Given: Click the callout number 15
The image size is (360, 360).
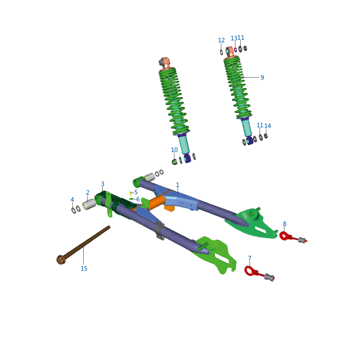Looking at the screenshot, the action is [84, 268].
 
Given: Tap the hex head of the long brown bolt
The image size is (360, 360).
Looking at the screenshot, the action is [61, 260].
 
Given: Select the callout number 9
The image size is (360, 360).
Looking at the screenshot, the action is [262, 78].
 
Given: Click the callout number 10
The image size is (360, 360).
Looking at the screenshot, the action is [174, 150].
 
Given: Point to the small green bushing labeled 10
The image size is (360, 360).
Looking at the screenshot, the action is [175, 162].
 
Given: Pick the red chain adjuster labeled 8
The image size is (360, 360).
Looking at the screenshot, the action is [293, 238].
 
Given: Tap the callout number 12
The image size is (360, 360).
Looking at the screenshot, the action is [221, 40].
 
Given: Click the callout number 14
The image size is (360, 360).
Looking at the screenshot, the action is [267, 126].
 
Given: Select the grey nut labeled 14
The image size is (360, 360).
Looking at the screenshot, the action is [266, 136].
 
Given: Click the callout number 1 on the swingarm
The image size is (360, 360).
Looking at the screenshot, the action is [177, 185].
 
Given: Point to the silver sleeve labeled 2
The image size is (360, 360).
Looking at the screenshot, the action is [89, 204].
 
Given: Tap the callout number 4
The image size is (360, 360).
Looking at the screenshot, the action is [72, 200].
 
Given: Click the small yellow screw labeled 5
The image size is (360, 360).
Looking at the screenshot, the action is [131, 194].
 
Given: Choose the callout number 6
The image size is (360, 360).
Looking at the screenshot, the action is [138, 199].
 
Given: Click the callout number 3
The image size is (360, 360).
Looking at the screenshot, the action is [103, 184].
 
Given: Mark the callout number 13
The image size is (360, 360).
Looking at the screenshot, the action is [234, 38].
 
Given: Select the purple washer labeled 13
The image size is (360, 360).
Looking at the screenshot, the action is [235, 50].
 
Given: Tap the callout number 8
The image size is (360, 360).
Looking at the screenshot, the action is [284, 224].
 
